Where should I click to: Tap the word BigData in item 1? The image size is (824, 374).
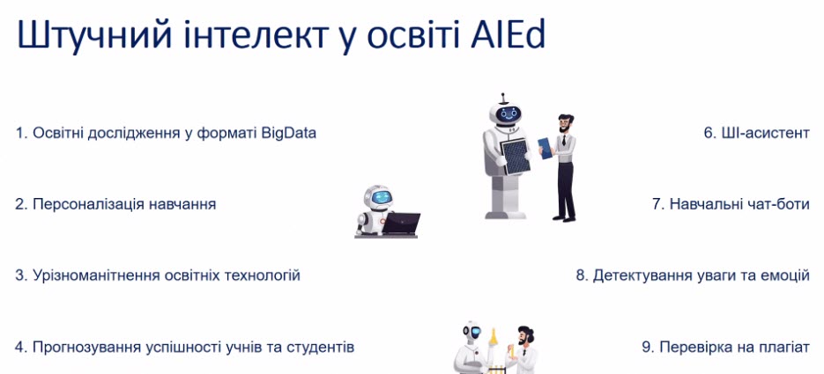tap(288, 134)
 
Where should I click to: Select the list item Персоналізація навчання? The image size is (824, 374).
tap(115, 204)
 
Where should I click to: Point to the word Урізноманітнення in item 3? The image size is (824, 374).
tap(100, 275)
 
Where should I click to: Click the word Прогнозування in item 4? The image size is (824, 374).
tap(87, 348)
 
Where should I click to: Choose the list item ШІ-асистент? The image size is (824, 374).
tap(757, 133)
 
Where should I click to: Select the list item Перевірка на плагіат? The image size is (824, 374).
tap(725, 348)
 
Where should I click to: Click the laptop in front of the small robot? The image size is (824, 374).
tap(400, 224)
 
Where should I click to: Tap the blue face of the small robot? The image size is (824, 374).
tap(381, 198)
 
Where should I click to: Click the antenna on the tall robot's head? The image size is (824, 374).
tap(503, 98)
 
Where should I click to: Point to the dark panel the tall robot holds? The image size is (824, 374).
tap(515, 157)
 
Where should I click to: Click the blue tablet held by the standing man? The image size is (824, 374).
tap(546, 148)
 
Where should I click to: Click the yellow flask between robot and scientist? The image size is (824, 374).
tap(494, 337)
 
